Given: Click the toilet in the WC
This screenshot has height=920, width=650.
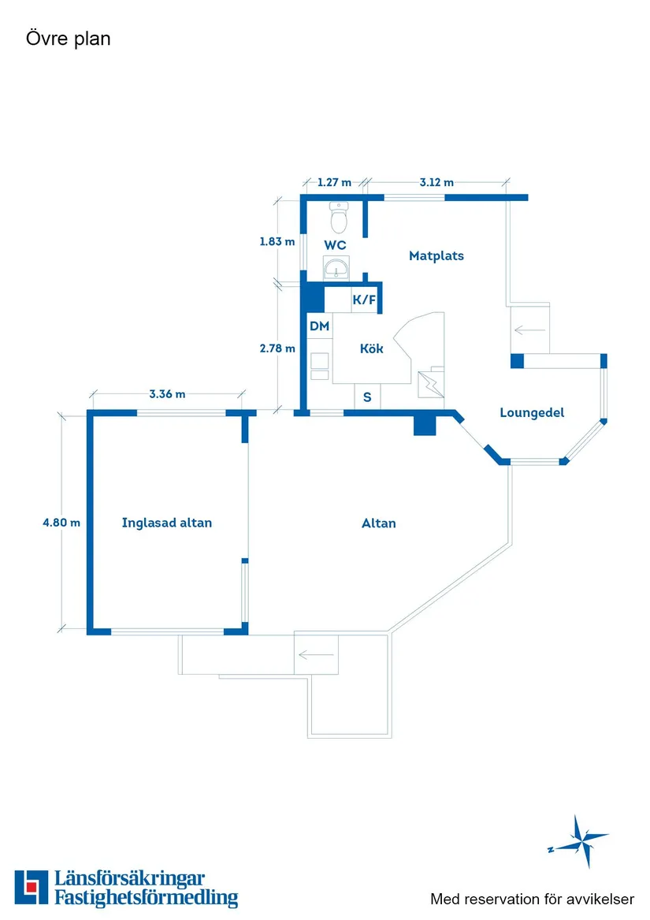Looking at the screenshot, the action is coord(339,217).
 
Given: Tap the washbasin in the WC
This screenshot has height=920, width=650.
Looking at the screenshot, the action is coord(336,267).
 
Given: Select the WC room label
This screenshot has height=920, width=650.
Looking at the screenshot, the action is coord(335,245).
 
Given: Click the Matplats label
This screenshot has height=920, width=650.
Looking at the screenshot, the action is coord(436,255).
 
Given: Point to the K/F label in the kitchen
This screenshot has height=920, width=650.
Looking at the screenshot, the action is coord(364,300).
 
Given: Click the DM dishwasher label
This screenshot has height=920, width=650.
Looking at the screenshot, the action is coord(320,326).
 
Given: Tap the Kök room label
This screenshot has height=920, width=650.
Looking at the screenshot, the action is coord(371,348).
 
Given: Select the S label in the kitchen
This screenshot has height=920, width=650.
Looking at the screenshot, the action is coord(367,397).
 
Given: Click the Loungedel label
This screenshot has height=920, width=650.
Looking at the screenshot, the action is coord(532,412).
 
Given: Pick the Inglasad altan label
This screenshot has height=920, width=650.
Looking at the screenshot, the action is coord(166,523).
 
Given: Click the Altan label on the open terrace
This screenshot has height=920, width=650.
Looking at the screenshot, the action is coord(378,523).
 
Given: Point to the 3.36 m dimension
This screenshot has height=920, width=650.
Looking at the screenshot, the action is coord(167,394).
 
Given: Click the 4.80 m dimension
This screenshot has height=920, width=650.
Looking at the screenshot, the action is coord(61,522).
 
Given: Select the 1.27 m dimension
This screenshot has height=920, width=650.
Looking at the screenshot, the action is coord(334,182).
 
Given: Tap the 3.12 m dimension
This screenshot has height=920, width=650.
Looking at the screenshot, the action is coord(436,182).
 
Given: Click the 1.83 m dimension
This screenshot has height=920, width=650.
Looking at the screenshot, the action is coord(277,241).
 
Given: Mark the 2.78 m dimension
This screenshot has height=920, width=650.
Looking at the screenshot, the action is coord(277,348).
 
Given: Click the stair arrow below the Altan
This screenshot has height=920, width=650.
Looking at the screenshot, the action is coord(316,654).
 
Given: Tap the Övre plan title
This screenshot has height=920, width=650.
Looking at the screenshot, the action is coord(68,39).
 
